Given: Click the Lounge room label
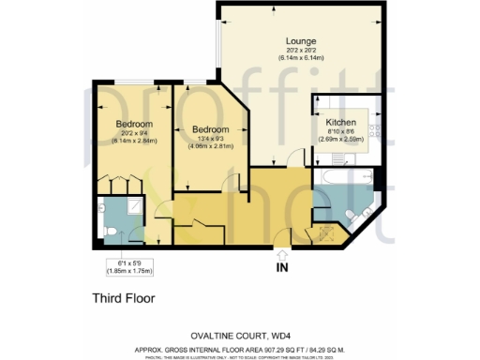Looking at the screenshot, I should point(301,42).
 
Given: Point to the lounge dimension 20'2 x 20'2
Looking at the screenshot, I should point(301,52).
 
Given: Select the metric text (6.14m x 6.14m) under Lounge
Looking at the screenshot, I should point(301,59).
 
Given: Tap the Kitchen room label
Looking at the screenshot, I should point(340,123).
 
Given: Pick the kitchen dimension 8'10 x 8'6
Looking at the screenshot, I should point(340,132).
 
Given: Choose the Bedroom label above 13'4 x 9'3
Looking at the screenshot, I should point(209,129).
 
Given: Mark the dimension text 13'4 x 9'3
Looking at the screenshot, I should point(209,139).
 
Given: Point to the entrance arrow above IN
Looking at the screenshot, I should point(282,251).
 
